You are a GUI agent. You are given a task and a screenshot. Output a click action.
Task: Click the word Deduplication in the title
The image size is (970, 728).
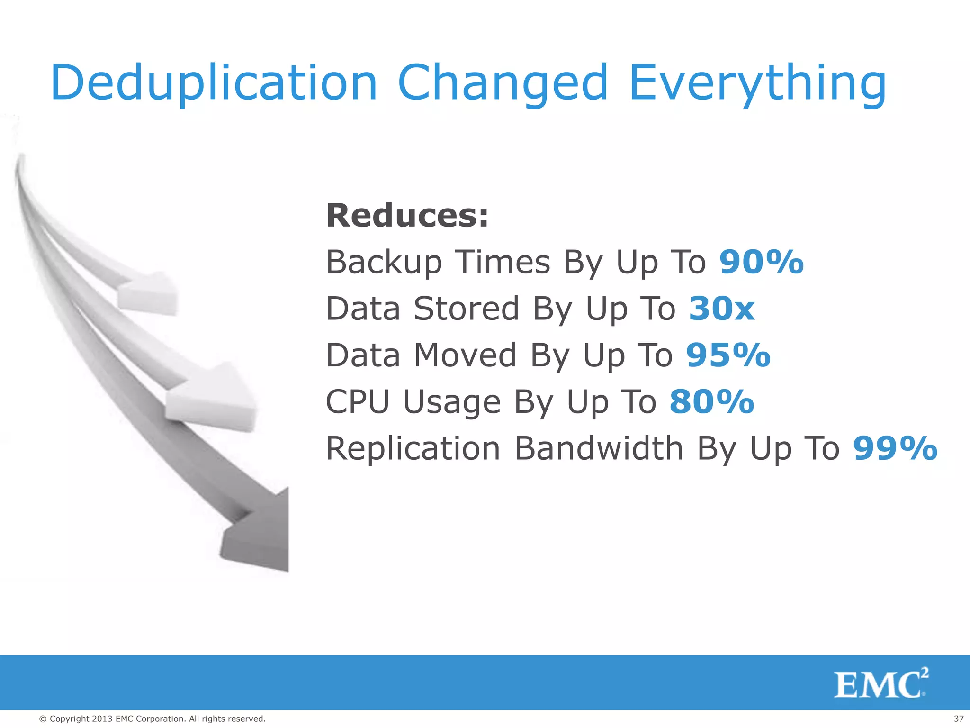pos(214,83)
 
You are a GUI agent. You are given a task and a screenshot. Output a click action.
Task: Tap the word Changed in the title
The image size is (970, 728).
pos(503,83)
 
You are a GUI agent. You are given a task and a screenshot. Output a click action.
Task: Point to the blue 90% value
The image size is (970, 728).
pos(762,262)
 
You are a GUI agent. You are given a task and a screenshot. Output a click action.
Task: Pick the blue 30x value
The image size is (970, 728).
pos(722,309)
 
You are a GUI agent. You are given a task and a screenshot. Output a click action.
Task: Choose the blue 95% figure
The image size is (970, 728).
pos(728,355)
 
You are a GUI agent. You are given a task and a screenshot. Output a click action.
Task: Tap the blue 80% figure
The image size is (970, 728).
pos(712,402)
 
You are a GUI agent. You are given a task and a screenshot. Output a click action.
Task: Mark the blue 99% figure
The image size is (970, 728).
pos(895,448)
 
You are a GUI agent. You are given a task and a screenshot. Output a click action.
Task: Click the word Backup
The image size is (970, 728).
pos(384,263)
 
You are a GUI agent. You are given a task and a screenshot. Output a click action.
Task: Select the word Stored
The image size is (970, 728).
pos(466,309)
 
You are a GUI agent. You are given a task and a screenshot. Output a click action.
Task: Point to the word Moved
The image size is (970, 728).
pos(465,355)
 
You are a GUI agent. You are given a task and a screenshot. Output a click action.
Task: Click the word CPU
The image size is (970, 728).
pos(358,402)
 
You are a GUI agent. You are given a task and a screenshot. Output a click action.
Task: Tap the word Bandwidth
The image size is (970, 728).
pos(599,448)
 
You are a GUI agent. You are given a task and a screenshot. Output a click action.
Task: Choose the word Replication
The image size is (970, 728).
pos(413,448)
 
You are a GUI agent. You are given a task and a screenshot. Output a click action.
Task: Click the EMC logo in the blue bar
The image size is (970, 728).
pos(880,683)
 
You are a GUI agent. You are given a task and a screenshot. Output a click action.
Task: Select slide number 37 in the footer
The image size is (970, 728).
pos(959,719)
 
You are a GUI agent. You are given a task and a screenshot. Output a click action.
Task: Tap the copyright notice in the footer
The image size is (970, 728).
pos(152,719)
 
